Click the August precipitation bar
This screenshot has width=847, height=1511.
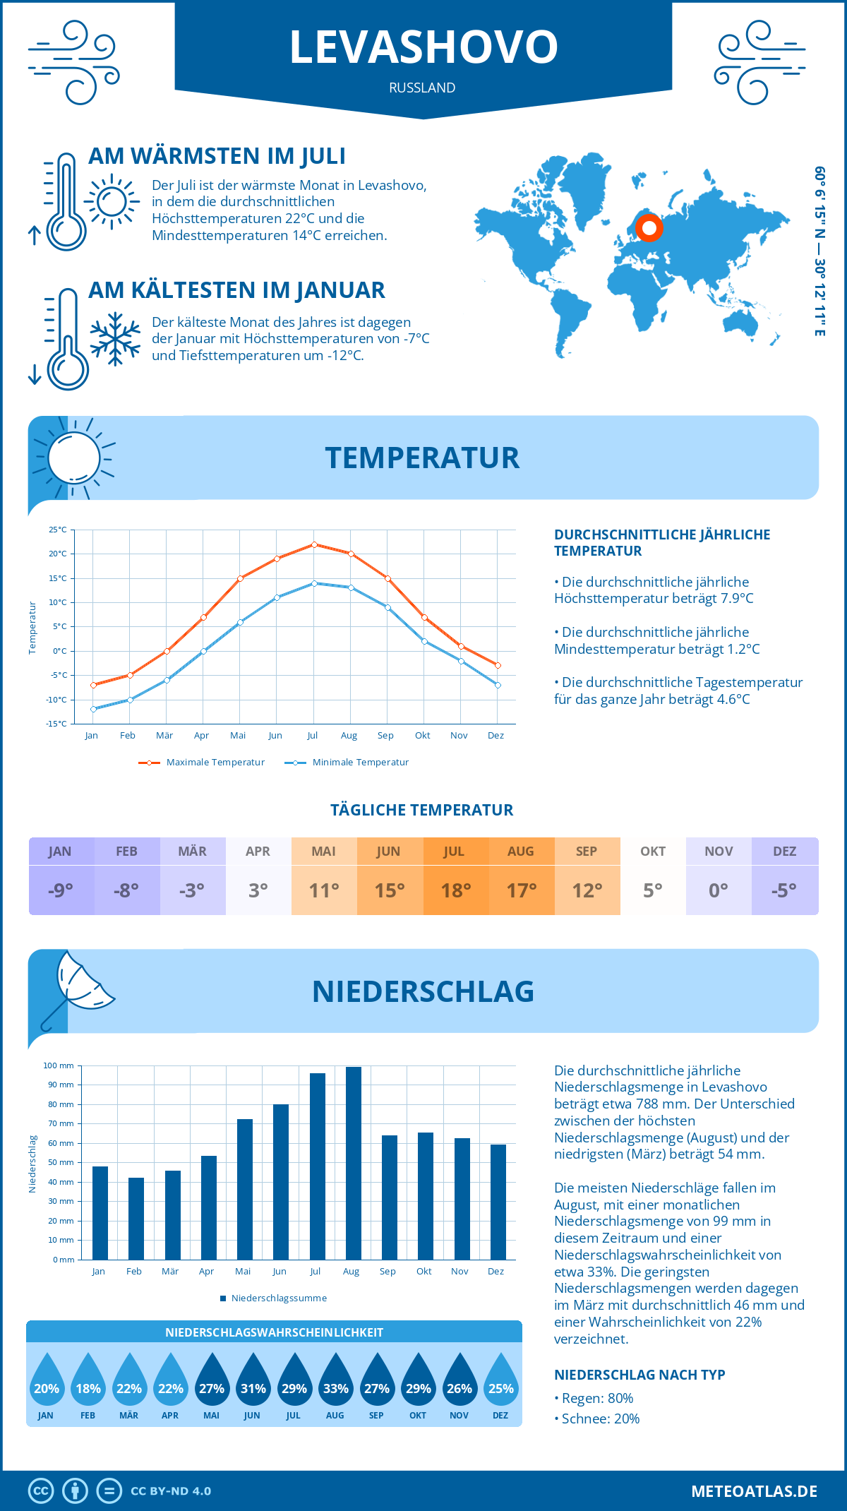point(354,1163)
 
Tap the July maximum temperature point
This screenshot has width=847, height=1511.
point(314,544)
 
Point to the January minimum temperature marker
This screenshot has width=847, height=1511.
point(93,709)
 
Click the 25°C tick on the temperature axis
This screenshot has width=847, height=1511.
point(58,530)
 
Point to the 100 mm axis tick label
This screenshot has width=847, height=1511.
point(59,1065)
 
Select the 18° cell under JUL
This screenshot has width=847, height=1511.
point(455,890)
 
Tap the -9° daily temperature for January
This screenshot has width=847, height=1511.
point(61,890)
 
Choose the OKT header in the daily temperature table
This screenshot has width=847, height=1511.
point(653,852)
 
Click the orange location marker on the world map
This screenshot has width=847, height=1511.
point(649,228)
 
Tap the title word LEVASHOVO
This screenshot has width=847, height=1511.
point(423,47)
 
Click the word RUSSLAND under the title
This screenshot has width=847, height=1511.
point(422,88)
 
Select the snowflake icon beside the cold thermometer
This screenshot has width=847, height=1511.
point(115,339)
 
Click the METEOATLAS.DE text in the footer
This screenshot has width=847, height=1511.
point(754,1491)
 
